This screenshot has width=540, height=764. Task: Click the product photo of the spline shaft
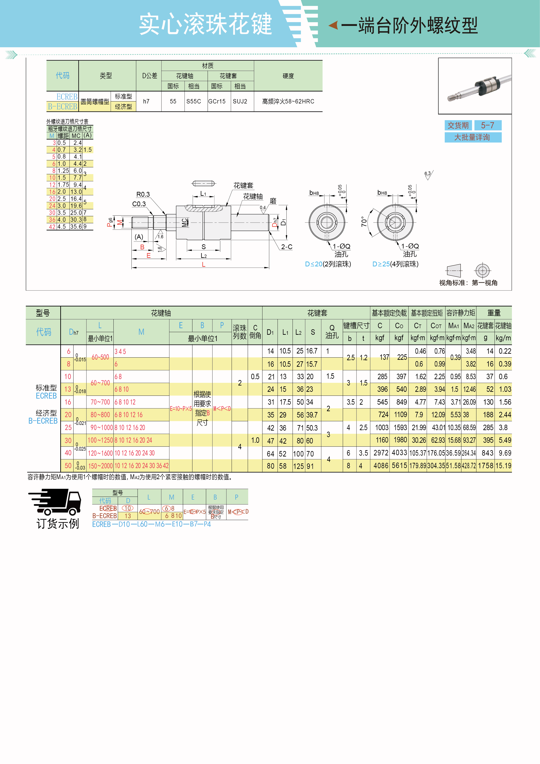[475, 86]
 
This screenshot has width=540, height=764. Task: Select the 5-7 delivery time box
[488, 125]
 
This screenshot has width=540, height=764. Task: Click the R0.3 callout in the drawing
[143, 194]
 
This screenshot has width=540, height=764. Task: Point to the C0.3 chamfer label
[139, 204]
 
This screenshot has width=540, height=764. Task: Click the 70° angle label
[364, 222]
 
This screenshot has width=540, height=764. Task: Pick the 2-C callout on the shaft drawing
[287, 247]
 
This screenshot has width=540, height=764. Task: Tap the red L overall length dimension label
[204, 265]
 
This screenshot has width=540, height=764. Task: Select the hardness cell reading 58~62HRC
[288, 101]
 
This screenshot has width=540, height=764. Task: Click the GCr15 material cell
[217, 101]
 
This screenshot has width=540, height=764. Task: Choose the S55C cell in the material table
[193, 101]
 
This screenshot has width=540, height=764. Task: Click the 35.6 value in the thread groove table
[76, 226]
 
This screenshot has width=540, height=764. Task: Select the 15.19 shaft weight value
[503, 466]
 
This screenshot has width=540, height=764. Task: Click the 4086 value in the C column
[381, 466]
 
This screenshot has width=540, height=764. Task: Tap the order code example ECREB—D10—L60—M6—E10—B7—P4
[151, 524]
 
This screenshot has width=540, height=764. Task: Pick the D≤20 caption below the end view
[328, 264]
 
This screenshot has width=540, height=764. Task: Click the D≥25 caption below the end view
[395, 264]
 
